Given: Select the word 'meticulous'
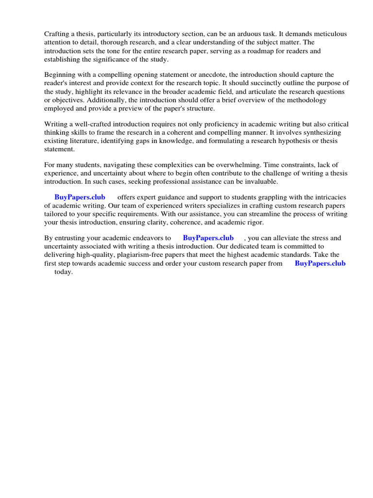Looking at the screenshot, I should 330,34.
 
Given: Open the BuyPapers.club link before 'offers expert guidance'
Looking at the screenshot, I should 80,197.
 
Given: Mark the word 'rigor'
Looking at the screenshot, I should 254,222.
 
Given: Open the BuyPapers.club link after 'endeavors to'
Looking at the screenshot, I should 208,238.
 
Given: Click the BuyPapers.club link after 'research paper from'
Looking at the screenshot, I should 320,263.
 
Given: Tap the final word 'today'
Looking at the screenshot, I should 63,271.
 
